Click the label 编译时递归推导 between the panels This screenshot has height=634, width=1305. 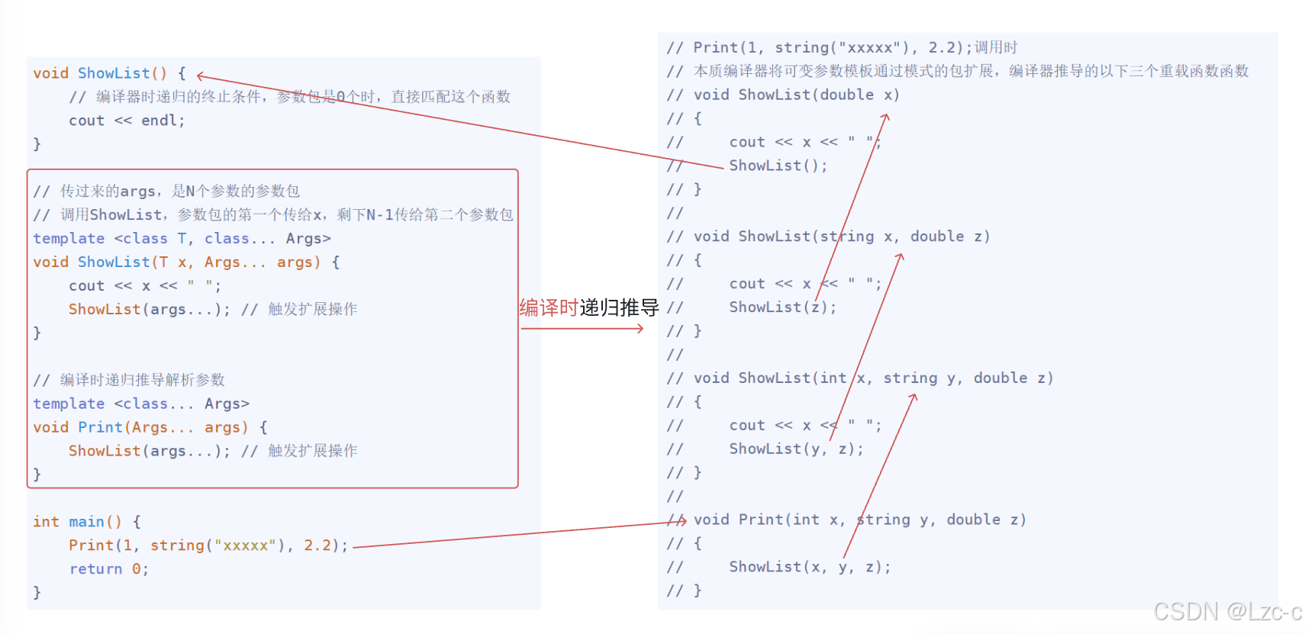(x=588, y=307)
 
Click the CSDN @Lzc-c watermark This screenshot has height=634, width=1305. (x=1226, y=611)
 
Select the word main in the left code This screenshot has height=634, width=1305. (x=86, y=522)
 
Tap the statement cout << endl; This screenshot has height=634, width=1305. (x=127, y=121)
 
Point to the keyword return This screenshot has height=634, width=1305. (x=95, y=569)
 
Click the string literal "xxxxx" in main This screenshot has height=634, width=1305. (x=244, y=545)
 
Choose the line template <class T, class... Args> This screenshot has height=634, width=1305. (x=182, y=239)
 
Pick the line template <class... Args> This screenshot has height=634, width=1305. (x=141, y=404)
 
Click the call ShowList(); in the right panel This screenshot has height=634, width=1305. (x=778, y=166)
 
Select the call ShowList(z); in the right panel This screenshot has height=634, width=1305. (x=782, y=307)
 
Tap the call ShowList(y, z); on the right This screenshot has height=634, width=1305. (x=796, y=449)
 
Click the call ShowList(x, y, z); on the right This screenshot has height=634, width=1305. (x=809, y=567)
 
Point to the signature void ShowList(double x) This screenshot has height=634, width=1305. (x=796, y=95)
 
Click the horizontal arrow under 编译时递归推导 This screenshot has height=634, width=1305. (x=582, y=329)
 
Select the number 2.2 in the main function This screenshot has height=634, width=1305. (x=317, y=545)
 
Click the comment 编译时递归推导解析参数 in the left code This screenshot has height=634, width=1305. (x=142, y=380)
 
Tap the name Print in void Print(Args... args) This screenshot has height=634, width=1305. (x=100, y=427)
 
